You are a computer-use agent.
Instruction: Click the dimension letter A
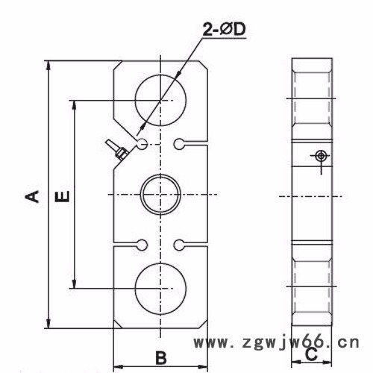pos(31,195)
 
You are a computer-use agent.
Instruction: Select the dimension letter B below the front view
pos(160,356)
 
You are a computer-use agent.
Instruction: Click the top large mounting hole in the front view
pos(160,100)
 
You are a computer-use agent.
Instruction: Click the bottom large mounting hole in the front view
pos(160,288)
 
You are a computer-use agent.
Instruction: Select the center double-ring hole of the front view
pos(160,195)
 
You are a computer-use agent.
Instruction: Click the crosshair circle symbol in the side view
pos(321,155)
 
